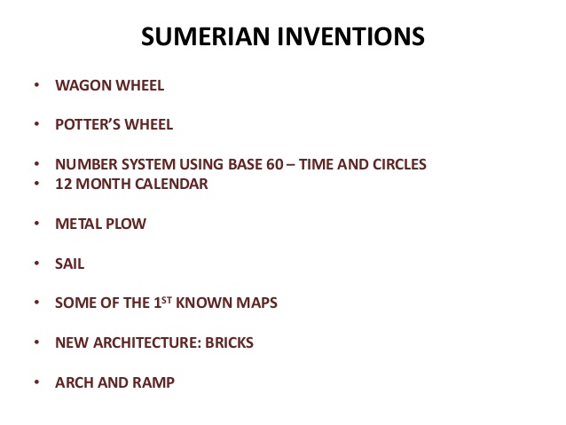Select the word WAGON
click(x=80, y=86)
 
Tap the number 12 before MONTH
click(x=63, y=184)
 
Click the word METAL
click(x=77, y=224)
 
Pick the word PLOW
click(x=125, y=224)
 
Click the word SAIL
click(x=69, y=264)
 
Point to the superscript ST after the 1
click(x=164, y=299)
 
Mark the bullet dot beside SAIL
click(x=36, y=264)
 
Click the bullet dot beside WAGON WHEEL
click(x=36, y=86)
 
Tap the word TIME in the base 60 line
click(x=296, y=164)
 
